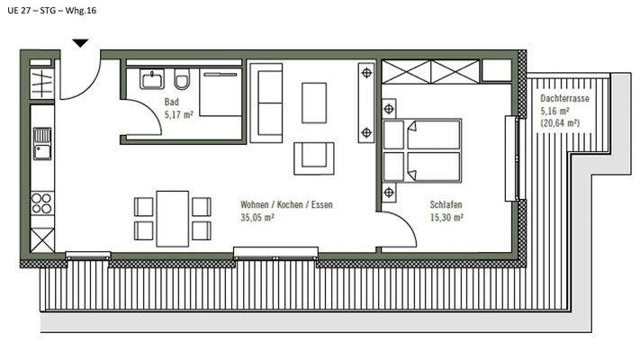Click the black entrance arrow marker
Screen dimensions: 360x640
pos(81,41)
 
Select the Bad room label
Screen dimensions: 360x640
pos(171,103)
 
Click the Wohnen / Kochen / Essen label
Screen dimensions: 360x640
pos(286,205)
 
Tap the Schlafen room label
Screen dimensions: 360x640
pos(446,205)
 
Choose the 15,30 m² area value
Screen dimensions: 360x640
pos(446,217)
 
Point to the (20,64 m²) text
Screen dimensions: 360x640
pos(559,122)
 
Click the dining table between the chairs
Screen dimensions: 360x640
pos(173,217)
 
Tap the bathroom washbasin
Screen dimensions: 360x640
pos(150,80)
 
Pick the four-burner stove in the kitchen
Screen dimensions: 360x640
pos(42,202)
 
